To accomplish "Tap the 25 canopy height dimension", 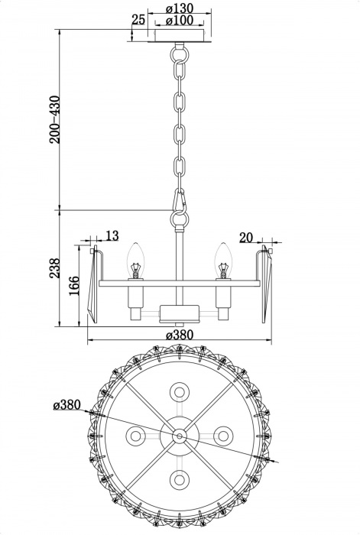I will pyautogui.click(x=138, y=19).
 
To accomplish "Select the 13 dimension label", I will pyautogui.click(x=112, y=236).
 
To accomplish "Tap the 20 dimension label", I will pyautogui.click(x=246, y=238).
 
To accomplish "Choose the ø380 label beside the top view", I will pyautogui.click(x=68, y=404).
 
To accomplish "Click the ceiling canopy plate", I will pyautogui.click(x=180, y=37).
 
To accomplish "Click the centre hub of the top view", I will pyautogui.click(x=180, y=436).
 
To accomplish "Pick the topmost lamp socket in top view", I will pyautogui.click(x=180, y=391).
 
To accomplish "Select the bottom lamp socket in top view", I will pyautogui.click(x=180, y=480).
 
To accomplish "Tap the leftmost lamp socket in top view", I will pyautogui.click(x=136, y=436).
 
